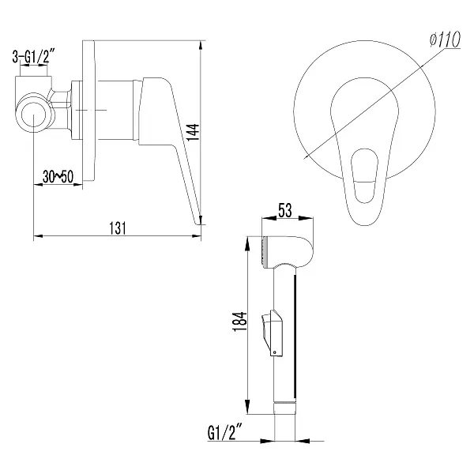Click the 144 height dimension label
(193, 132)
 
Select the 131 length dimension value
(118, 228)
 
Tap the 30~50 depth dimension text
(58, 177)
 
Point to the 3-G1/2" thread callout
(33, 57)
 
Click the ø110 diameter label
(446, 39)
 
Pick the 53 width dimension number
(285, 210)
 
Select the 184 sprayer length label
(240, 322)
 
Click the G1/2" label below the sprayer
(225, 433)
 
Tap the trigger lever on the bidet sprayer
(273, 333)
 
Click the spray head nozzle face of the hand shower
(265, 252)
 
